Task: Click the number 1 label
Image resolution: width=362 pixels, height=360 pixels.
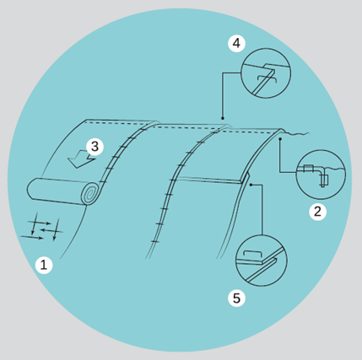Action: [x=44, y=265]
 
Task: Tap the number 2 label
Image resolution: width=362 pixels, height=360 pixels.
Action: [x=318, y=212]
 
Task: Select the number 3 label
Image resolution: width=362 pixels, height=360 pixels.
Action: [x=95, y=147]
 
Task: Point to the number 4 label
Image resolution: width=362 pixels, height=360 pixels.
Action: [x=236, y=44]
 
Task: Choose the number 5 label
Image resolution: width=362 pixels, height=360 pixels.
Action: [x=236, y=298]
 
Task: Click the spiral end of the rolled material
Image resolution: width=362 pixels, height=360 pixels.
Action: [x=90, y=193]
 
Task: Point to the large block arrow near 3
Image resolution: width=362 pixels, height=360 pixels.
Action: [x=81, y=159]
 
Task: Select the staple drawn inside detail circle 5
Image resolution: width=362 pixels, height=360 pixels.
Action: [x=253, y=252]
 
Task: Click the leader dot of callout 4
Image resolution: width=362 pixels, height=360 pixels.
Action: [x=222, y=118]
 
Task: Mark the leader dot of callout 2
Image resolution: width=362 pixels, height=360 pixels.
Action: [x=280, y=138]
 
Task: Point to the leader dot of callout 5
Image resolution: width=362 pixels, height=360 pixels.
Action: [x=251, y=185]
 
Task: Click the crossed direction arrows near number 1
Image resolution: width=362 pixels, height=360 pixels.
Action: [x=42, y=228]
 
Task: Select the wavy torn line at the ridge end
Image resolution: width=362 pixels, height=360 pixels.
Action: [x=297, y=134]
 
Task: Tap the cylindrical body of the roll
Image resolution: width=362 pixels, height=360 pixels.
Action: [x=57, y=191]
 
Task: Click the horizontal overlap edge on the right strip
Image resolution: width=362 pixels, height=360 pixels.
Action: [x=209, y=180]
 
